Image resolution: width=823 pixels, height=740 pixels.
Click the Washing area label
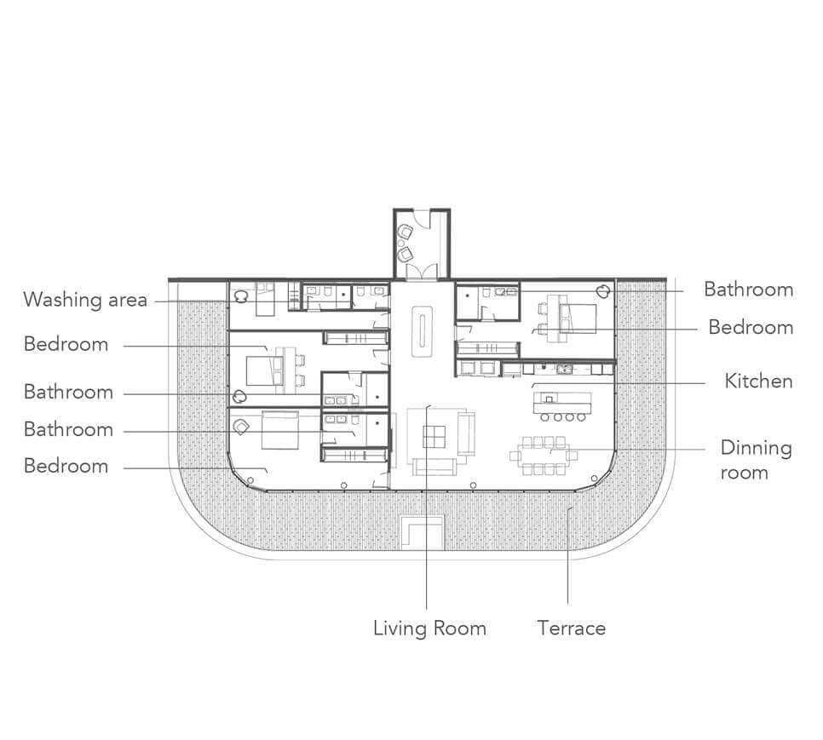point(85,300)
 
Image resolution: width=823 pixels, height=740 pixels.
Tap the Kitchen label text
point(758,381)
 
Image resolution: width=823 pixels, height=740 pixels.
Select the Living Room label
point(429,628)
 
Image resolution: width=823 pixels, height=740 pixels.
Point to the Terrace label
point(571,628)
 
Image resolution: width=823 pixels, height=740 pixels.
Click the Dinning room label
point(756,460)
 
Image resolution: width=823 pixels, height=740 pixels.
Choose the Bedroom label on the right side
point(751,327)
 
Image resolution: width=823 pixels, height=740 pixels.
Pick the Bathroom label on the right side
point(749,290)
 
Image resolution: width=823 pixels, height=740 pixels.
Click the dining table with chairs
point(544,456)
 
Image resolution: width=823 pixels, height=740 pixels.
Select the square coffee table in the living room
point(434,436)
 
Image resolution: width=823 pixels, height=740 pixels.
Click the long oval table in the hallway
point(422,331)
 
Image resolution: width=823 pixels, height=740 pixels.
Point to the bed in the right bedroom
point(578,318)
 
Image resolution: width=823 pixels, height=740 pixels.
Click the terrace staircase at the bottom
point(423,532)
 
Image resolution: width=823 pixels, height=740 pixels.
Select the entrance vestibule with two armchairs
point(422,244)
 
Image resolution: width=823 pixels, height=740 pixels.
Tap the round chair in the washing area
point(241,297)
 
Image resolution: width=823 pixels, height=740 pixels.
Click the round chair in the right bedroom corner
point(602,291)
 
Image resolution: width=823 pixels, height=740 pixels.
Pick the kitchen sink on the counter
point(564,370)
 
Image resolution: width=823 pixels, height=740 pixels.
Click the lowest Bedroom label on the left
point(66,466)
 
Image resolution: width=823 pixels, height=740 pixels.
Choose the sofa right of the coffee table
point(466,433)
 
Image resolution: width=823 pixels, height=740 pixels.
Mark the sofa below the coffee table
point(434,467)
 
